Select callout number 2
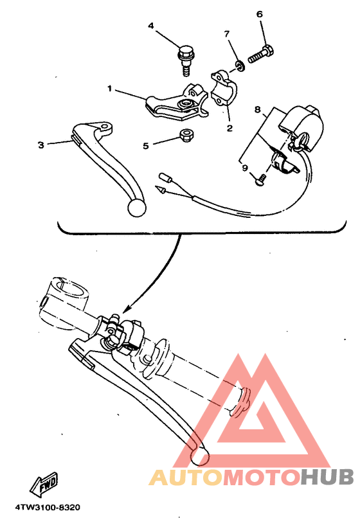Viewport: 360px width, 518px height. click(229, 127)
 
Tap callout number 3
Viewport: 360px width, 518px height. click(40, 145)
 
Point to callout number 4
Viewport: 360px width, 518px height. click(151, 26)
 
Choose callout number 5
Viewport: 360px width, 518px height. click(145, 146)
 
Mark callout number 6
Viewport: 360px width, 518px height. click(260, 14)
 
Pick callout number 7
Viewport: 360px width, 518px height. click(226, 33)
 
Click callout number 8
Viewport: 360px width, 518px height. click(256, 111)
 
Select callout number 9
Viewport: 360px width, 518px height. click(245, 168)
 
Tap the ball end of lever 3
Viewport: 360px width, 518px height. click(136, 207)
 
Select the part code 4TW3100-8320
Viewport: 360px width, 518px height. click(43, 508)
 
